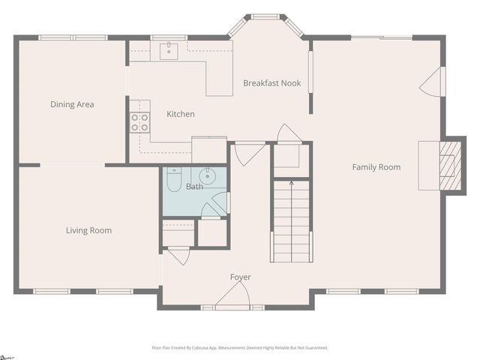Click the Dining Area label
tap(72, 104)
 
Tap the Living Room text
tap(88, 230)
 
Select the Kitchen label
tap(181, 114)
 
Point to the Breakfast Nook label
tap(271, 83)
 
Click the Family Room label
tap(376, 167)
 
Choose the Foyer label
tap(240, 277)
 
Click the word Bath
tap(194, 187)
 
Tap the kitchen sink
tap(169, 50)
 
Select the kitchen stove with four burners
tap(139, 122)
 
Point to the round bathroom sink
tap(207, 177)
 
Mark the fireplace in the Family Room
tap(450, 165)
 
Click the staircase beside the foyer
tap(291, 220)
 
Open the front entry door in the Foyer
tap(232, 298)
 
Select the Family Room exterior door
tap(433, 82)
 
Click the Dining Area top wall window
tap(73, 37)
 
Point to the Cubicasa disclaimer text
tap(240, 348)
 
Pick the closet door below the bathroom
tap(178, 256)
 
